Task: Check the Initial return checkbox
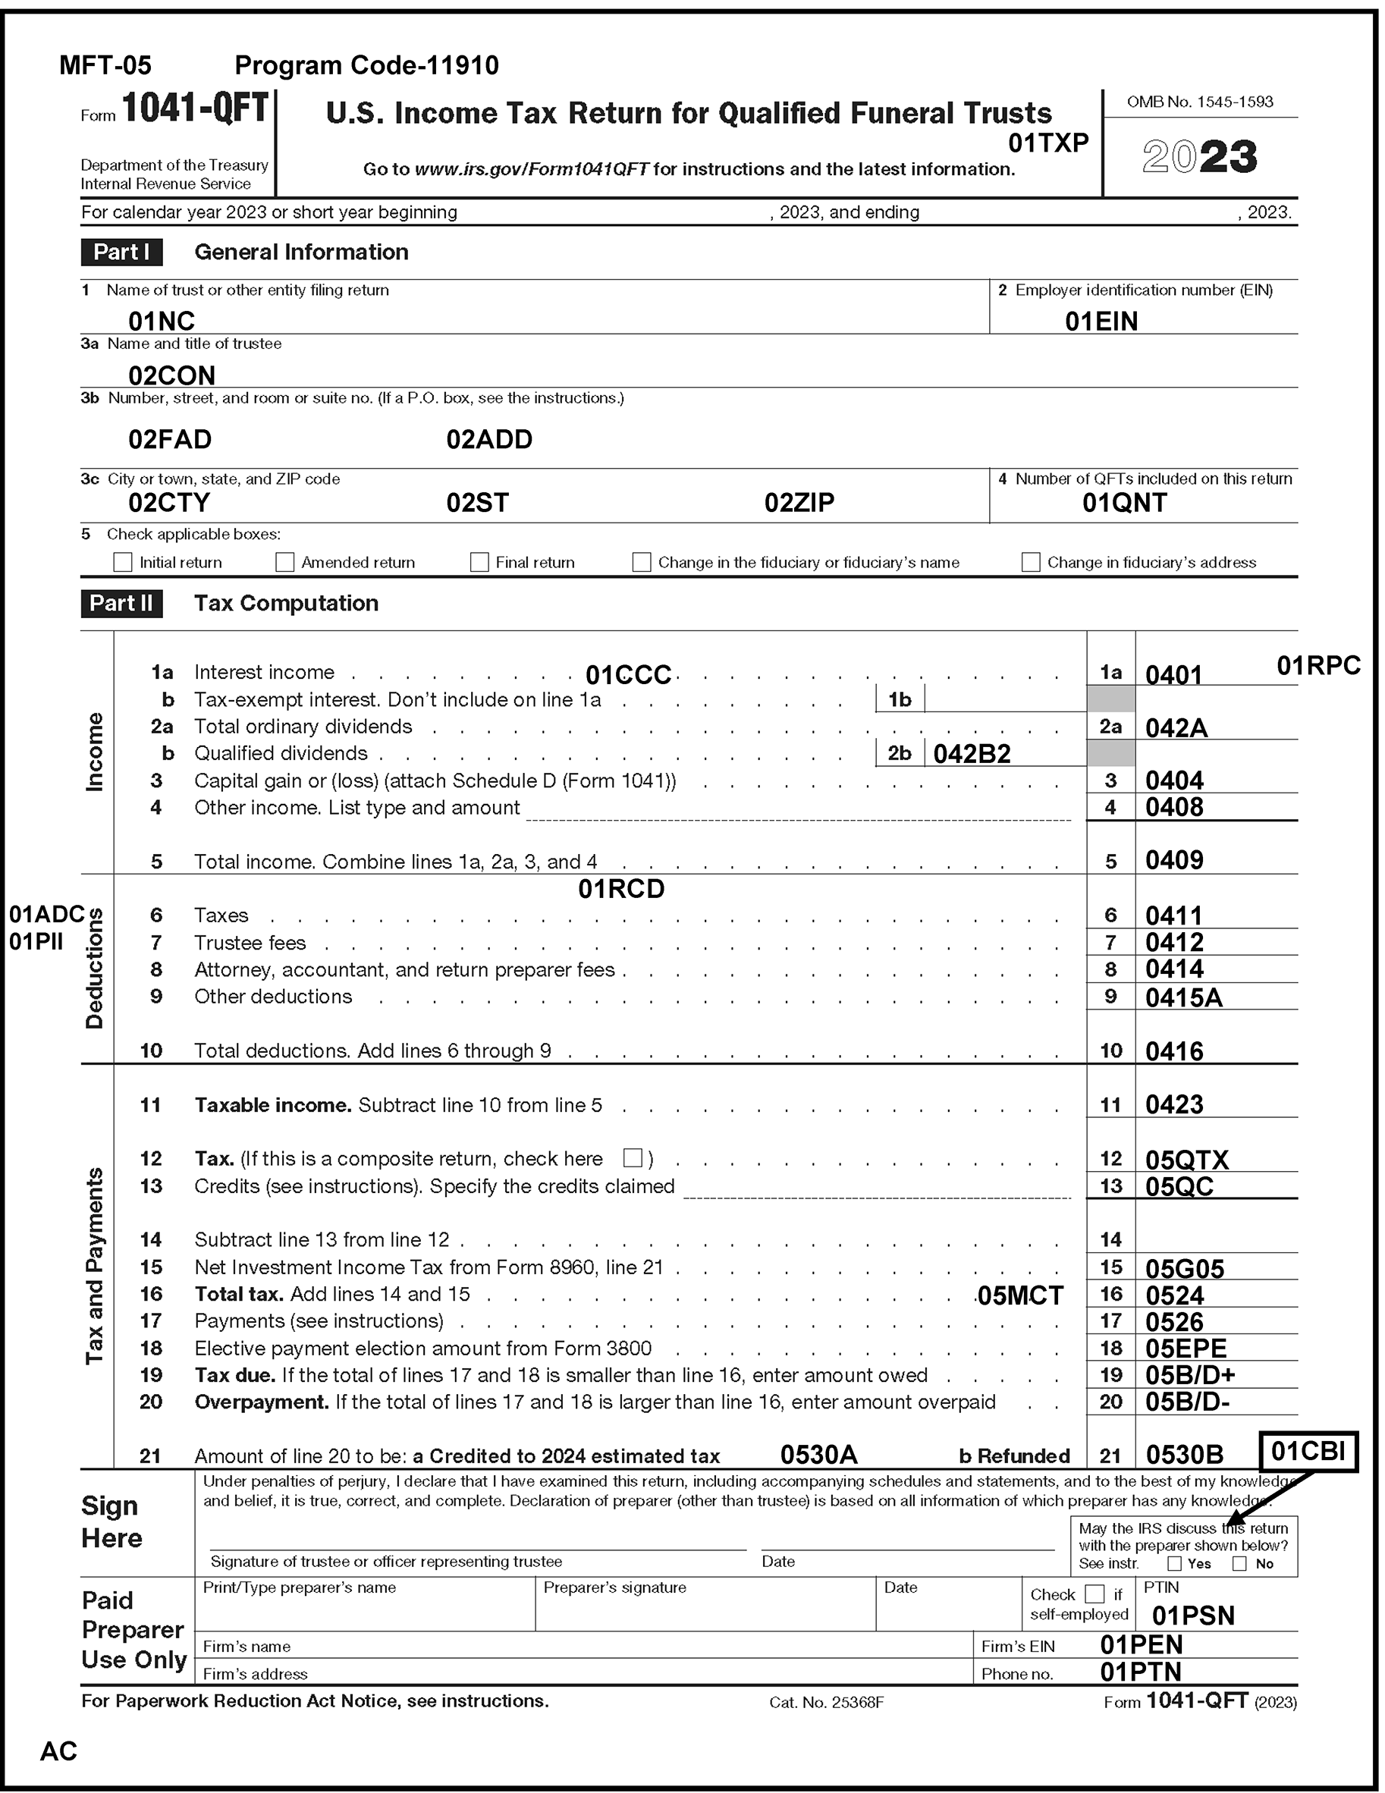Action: pos(122,562)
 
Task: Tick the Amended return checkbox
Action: pos(285,562)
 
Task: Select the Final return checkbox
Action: pos(479,562)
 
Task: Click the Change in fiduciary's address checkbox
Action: pos(1030,562)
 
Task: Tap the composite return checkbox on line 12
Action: pos(632,1157)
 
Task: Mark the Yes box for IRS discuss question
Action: pos(1175,1564)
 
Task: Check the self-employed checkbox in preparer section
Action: pos(1094,1594)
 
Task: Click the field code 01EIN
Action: pos(1101,321)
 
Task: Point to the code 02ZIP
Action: pos(799,502)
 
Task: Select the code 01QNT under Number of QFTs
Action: pos(1124,502)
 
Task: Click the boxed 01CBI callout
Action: pos(1308,1452)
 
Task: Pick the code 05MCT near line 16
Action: pos(1019,1295)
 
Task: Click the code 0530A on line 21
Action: pos(818,1455)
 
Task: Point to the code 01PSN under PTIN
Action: pos(1193,1616)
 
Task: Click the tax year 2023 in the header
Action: pos(1199,156)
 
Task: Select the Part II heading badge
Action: pos(121,604)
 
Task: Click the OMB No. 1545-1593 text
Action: pos(1199,102)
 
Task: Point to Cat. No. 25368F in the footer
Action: pos(826,1703)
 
